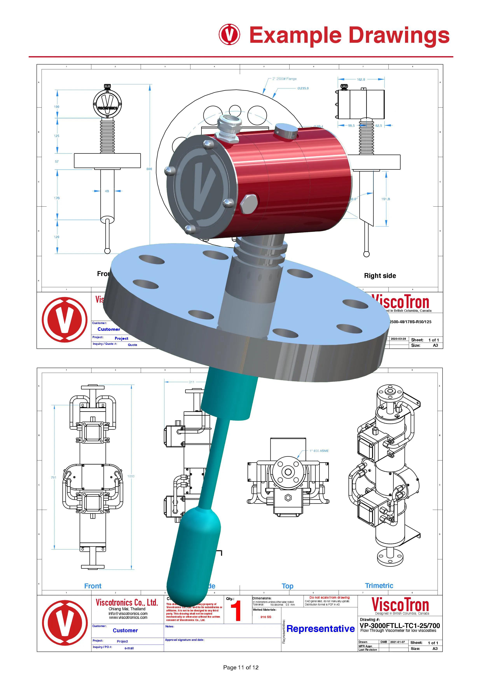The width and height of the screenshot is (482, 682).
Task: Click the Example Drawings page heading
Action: [x=349, y=35]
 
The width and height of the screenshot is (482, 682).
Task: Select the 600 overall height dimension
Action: [x=149, y=169]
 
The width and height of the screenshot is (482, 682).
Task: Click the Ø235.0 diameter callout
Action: [x=303, y=88]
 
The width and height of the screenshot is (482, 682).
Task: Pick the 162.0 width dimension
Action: [x=361, y=80]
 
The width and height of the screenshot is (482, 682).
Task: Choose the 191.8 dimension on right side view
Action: [x=385, y=199]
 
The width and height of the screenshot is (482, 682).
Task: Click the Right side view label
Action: [x=380, y=276]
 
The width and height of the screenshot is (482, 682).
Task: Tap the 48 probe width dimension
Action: [x=107, y=191]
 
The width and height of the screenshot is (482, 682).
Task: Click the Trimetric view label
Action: [x=379, y=585]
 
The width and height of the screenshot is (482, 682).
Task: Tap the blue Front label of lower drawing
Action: [x=93, y=586]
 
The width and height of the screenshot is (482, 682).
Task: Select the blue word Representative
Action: [x=320, y=629]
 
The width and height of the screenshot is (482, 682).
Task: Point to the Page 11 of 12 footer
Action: [x=241, y=667]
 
